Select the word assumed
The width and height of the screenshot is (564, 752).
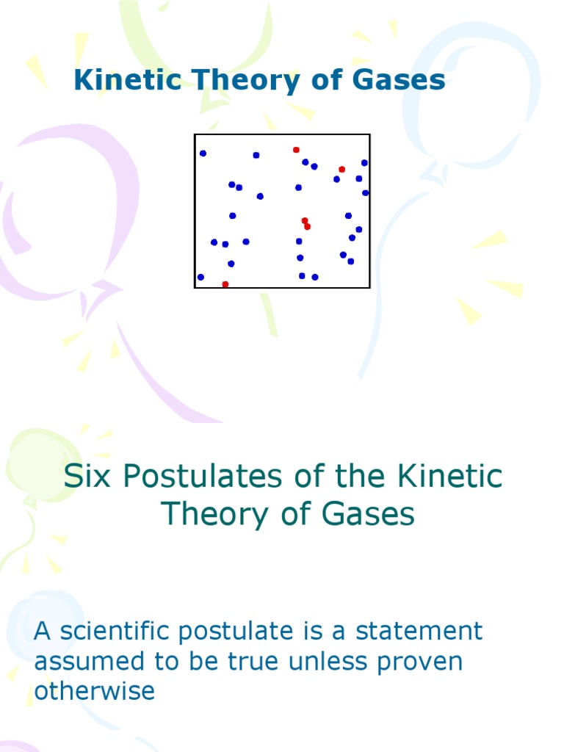pyautogui.click(x=84, y=662)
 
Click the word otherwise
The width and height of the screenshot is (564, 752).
pyautogui.click(x=94, y=691)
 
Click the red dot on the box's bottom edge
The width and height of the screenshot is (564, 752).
pyautogui.click(x=225, y=284)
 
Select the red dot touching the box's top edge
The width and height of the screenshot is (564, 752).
pyautogui.click(x=296, y=150)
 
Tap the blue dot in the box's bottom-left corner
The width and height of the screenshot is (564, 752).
pyautogui.click(x=200, y=277)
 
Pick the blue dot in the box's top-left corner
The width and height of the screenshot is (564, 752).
pyautogui.click(x=203, y=153)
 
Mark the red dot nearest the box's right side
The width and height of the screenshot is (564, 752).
pyautogui.click(x=341, y=170)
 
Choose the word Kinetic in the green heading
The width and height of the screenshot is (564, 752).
pyautogui.click(x=450, y=477)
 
